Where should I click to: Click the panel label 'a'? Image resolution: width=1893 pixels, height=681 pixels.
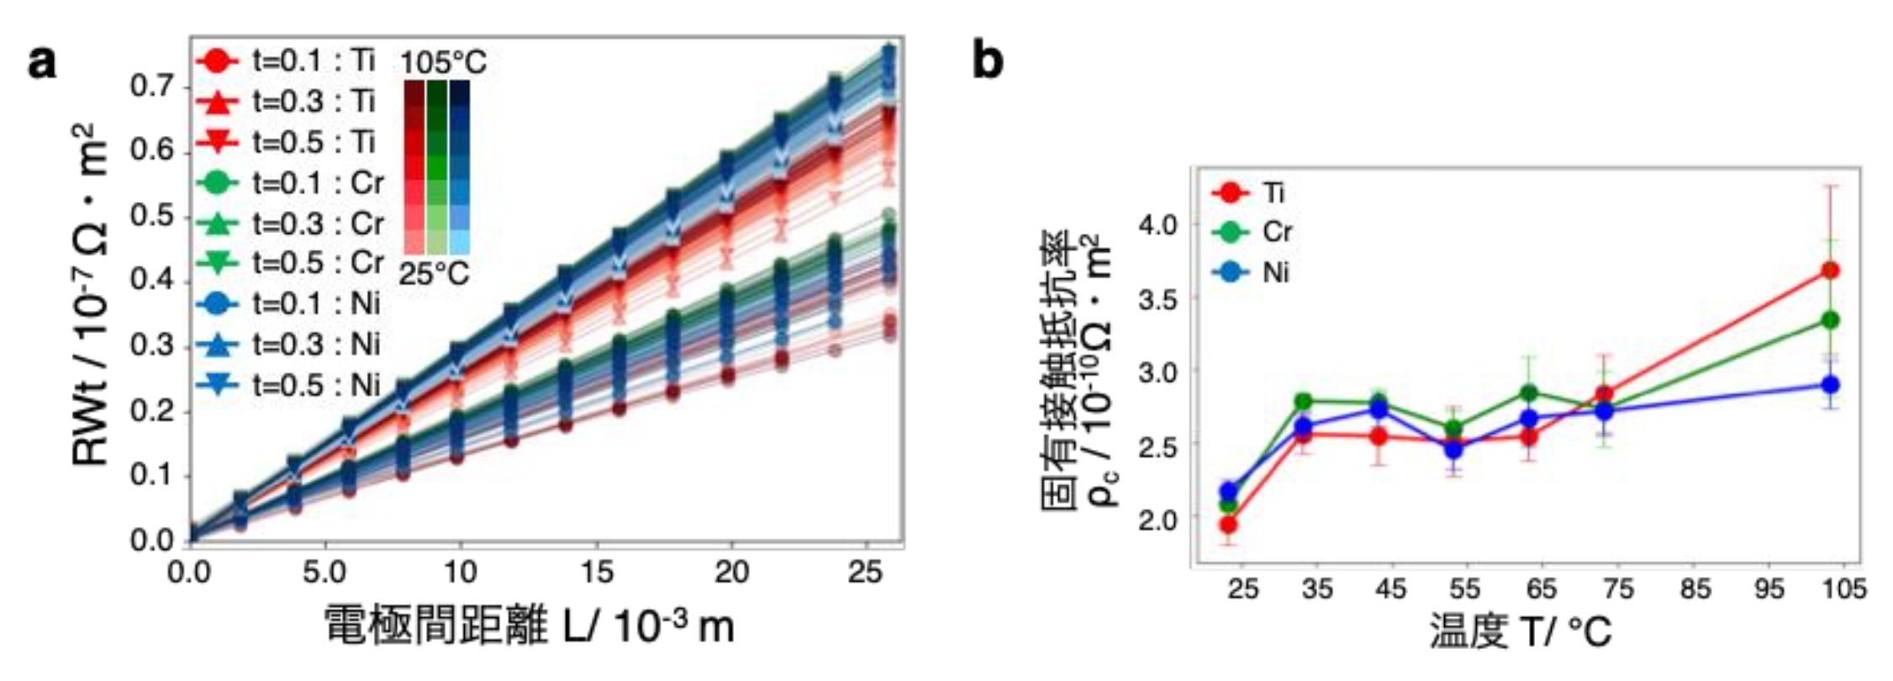click(x=42, y=62)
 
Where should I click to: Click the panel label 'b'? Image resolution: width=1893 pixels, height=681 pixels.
click(x=988, y=62)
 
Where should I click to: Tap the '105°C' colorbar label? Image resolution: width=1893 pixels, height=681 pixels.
click(x=443, y=62)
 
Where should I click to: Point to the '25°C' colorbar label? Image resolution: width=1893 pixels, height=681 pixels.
click(x=434, y=274)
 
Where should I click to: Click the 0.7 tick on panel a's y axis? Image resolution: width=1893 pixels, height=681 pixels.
click(x=152, y=86)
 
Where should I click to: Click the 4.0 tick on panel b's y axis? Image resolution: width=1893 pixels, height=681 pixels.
click(x=1158, y=225)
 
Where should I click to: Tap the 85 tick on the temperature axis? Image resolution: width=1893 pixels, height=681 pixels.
click(x=1695, y=589)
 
